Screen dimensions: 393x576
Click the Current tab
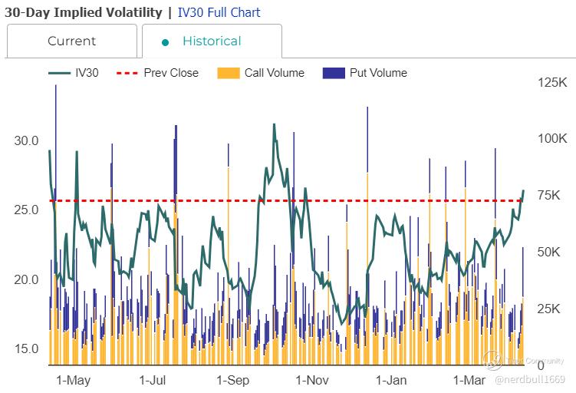click(71, 41)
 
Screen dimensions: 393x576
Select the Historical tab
click(212, 41)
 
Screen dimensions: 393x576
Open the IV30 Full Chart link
click(219, 12)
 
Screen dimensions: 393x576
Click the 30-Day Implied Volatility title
click(83, 12)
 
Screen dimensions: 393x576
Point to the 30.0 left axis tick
click(26, 141)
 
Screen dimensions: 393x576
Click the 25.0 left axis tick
click(26, 210)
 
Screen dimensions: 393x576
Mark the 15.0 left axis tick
click(26, 348)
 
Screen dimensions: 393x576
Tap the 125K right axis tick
click(551, 82)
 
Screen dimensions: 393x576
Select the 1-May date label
click(74, 380)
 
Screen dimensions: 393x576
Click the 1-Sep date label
click(232, 380)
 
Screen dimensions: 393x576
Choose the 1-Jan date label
click(391, 380)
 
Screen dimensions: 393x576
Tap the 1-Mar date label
click(469, 380)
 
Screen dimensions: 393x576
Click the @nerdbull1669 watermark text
click(530, 379)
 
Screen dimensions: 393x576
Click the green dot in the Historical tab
click(165, 42)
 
